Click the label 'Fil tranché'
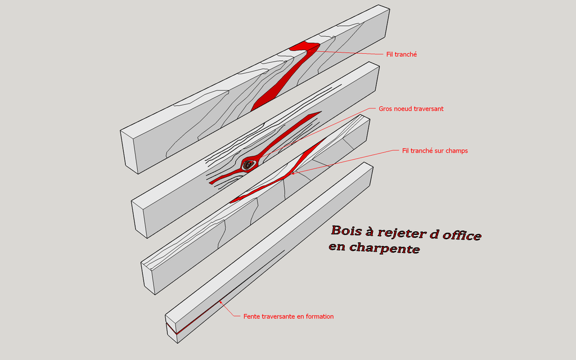coord(402,55)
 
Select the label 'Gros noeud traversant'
coord(411,109)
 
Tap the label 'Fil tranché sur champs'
coord(435,151)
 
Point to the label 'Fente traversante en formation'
coord(289,316)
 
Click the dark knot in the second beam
coord(248,165)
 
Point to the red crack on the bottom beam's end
coord(171,328)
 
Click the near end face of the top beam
coord(129,152)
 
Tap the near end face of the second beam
coord(139,219)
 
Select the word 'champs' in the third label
coord(457,151)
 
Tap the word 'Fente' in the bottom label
coord(251,316)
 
